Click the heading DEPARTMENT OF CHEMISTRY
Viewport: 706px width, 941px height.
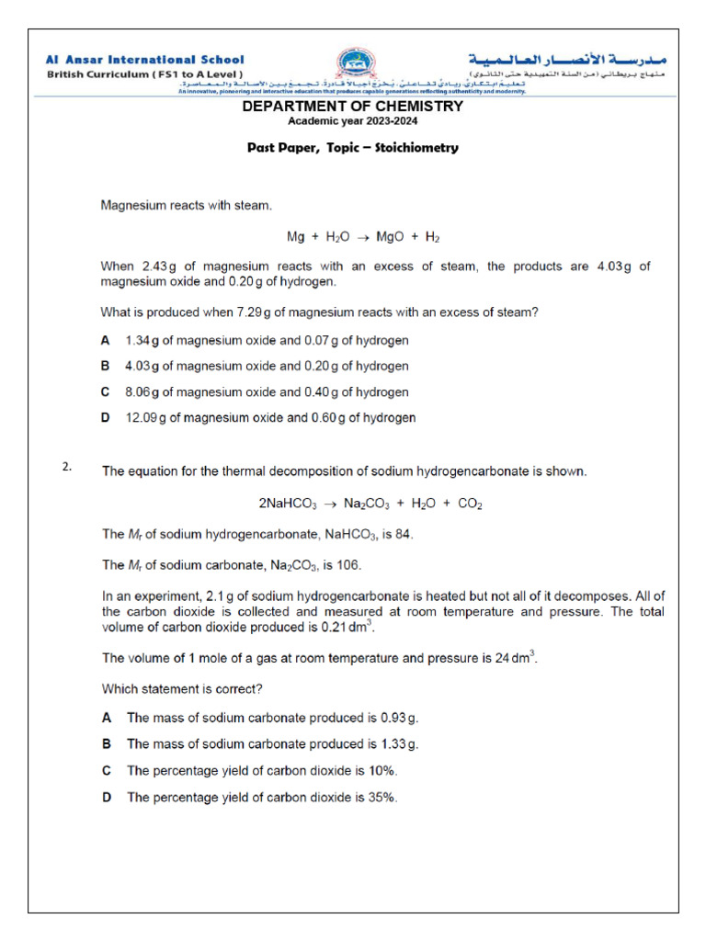point(352,107)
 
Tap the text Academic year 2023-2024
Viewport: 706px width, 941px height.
point(352,122)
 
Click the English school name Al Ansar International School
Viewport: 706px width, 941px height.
point(146,60)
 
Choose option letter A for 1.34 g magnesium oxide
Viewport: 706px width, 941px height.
point(106,340)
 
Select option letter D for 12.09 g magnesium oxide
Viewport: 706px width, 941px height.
point(106,417)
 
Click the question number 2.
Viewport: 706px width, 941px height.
point(66,467)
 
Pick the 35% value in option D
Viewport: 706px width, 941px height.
point(384,798)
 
